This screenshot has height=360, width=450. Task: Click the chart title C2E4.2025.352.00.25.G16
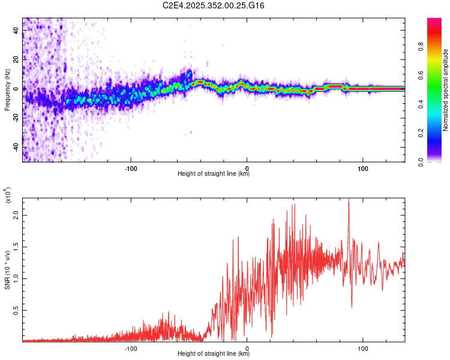[214, 5]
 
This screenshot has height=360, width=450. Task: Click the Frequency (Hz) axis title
[7, 90]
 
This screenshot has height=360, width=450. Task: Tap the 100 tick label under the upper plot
[362, 168]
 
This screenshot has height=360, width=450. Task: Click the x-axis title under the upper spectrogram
[214, 174]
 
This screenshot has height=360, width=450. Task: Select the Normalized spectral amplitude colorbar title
[446, 90]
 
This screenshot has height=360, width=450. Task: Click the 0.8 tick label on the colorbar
[439, 47]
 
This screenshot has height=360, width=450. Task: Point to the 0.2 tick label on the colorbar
[439, 133]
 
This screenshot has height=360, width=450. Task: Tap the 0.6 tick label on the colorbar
[439, 76]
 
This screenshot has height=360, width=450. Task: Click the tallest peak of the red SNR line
[349, 200]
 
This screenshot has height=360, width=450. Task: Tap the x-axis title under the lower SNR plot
[214, 354]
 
